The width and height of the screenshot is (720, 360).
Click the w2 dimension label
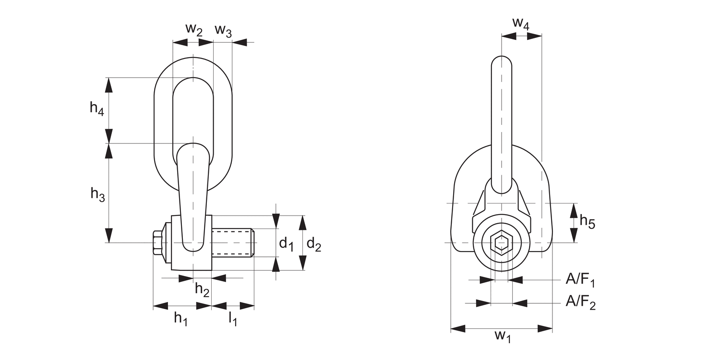194,29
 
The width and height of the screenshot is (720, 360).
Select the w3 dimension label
223,30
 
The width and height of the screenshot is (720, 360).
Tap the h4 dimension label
97,108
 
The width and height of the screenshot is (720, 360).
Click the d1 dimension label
287,243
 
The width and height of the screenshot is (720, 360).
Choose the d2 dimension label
314,244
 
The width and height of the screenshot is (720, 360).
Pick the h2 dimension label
202,289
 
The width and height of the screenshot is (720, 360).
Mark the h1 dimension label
180,318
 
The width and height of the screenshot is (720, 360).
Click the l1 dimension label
232,318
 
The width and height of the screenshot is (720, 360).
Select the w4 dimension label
521,23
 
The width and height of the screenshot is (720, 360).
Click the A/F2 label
580,302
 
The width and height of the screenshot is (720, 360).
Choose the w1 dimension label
503,336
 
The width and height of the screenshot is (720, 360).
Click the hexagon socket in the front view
502,243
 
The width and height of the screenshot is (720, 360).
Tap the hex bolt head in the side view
157,243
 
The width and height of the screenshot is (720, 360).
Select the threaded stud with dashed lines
233,243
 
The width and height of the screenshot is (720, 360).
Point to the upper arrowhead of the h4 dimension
109,84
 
